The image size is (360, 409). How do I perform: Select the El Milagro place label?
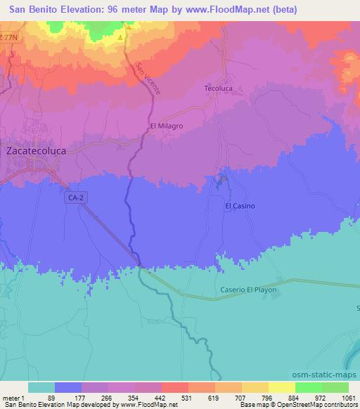167,126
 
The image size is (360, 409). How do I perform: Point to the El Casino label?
240,206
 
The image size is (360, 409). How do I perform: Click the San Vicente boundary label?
148,79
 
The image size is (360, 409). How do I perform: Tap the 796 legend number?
266,397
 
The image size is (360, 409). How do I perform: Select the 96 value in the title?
108,10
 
